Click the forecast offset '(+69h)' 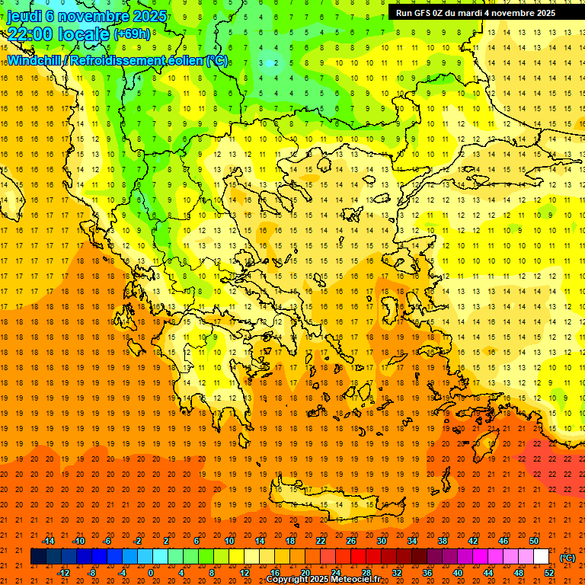(x=132, y=34)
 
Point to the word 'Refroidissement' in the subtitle (x=118, y=60)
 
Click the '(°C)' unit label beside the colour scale (x=567, y=558)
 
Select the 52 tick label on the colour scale (x=549, y=573)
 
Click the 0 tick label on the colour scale (x=150, y=573)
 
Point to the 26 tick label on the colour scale (x=351, y=540)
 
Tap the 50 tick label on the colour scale (x=534, y=540)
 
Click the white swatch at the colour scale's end (x=542, y=557)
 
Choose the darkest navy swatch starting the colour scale (x=38, y=557)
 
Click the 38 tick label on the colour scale (x=443, y=540)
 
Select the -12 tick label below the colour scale (x=63, y=573)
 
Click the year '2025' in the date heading (x=150, y=16)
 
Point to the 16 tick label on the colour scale (x=275, y=573)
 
